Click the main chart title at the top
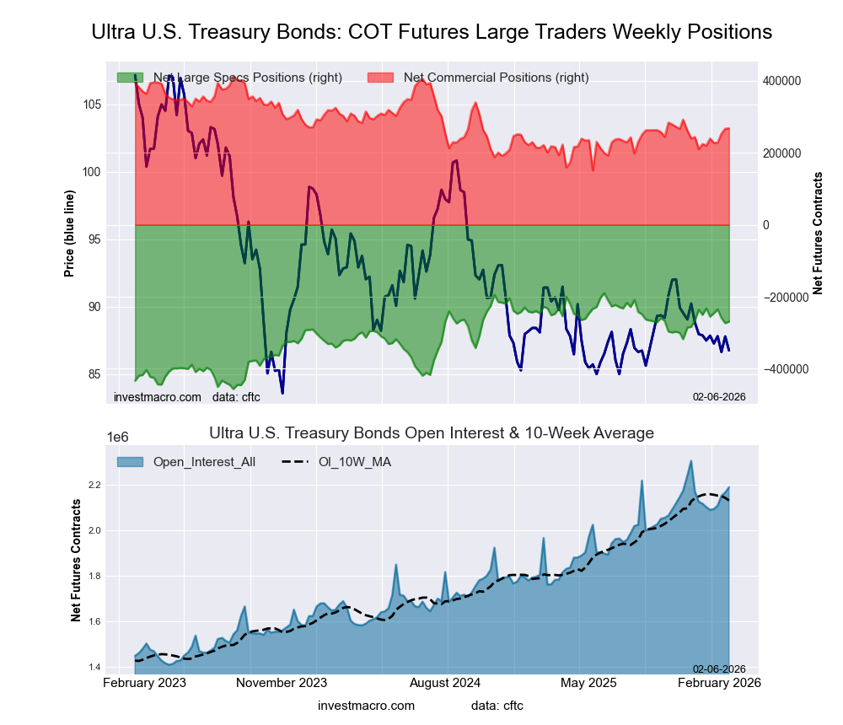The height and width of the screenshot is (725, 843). pyautogui.click(x=431, y=32)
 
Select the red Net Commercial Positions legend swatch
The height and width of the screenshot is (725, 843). pyautogui.click(x=380, y=78)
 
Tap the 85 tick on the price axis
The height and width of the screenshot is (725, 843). pyautogui.click(x=94, y=374)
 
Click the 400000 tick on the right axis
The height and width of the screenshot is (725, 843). pyautogui.click(x=781, y=81)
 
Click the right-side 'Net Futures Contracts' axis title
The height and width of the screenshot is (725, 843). pyautogui.click(x=818, y=233)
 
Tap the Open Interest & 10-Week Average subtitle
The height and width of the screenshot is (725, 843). pyautogui.click(x=431, y=433)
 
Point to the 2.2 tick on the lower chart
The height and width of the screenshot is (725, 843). pyautogui.click(x=93, y=485)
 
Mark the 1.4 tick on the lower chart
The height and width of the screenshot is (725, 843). pyautogui.click(x=93, y=668)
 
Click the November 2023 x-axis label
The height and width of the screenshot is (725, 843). pyautogui.click(x=282, y=683)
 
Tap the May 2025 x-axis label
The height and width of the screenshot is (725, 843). pyautogui.click(x=588, y=683)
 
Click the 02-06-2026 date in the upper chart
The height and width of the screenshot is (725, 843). pyautogui.click(x=719, y=396)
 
